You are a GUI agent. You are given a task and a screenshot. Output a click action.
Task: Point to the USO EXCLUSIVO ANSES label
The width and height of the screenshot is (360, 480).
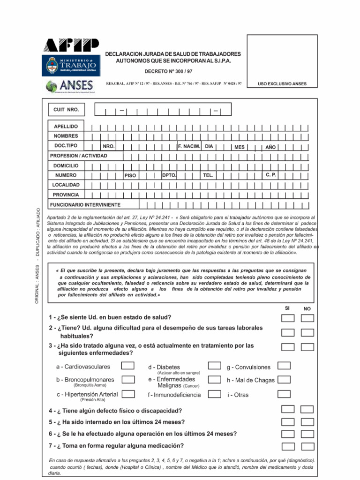tap(282, 84)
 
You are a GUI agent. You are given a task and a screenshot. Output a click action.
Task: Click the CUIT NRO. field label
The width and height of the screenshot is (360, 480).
tap(67, 110)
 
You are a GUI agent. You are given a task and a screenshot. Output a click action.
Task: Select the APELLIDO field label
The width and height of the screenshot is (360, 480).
tap(66, 127)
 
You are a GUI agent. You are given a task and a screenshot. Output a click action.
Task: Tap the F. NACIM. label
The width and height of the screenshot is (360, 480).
tap(189, 146)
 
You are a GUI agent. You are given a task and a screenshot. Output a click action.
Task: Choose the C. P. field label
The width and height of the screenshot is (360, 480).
tap(271, 175)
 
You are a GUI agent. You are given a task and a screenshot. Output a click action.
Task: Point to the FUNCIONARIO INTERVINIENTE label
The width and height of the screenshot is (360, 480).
tap(87, 205)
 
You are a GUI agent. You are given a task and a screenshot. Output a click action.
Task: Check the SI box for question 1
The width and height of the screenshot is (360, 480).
tap(288, 318)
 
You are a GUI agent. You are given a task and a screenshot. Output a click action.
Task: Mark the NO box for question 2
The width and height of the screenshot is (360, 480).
tap(307, 333)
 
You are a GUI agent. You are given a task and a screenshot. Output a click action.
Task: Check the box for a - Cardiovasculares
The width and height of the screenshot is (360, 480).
tap(128, 366)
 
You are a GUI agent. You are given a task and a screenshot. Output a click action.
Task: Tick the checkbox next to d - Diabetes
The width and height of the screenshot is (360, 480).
tap(215, 366)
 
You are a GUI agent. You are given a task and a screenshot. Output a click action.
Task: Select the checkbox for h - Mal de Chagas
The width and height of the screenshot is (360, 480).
tap(284, 380)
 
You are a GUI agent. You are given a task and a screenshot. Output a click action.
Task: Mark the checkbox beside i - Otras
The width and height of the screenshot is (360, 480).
tap(284, 394)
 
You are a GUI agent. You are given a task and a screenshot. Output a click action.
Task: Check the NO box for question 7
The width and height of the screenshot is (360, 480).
tap(307, 446)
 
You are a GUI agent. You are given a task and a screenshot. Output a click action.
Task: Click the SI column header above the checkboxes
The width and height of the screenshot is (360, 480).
tap(288, 308)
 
